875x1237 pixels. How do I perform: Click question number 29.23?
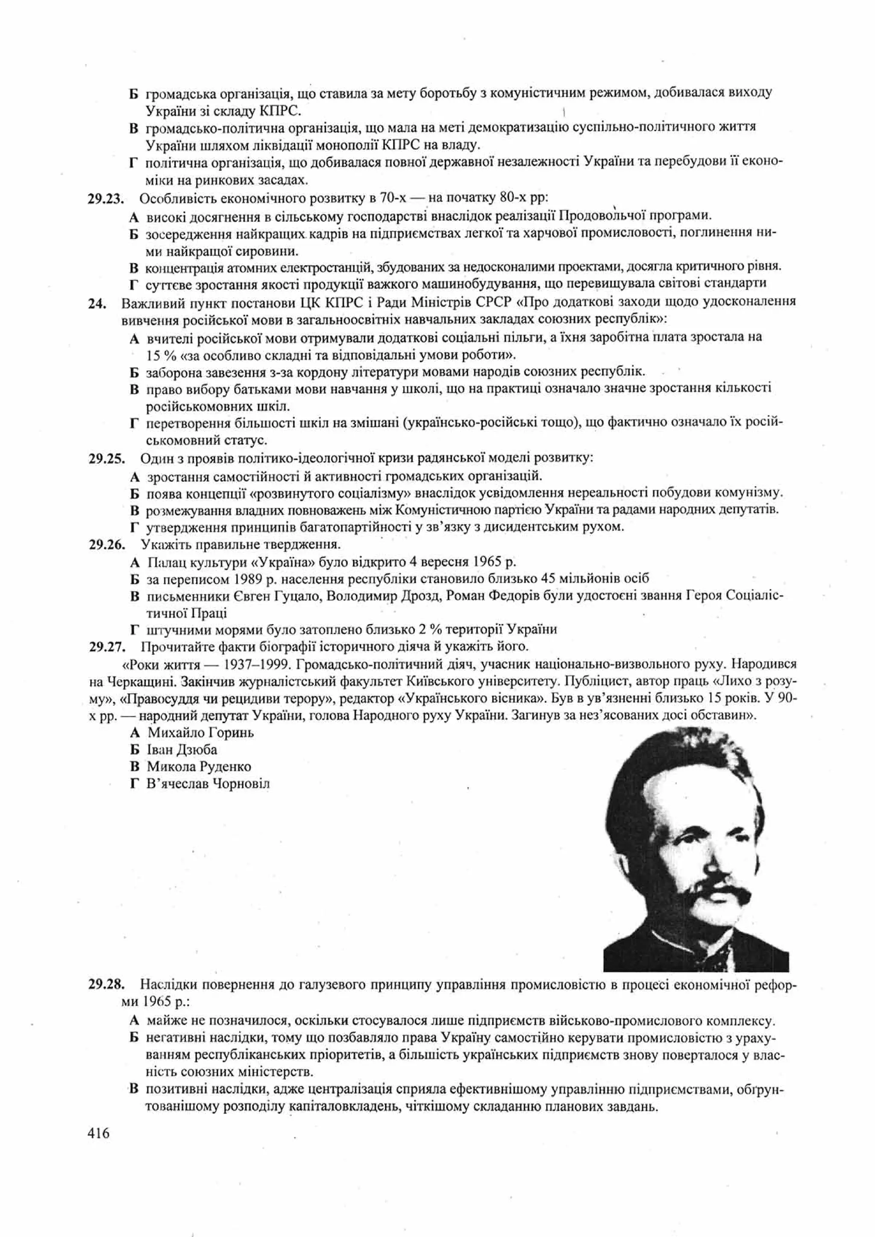click(x=106, y=199)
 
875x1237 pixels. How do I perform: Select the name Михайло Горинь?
click(x=200, y=733)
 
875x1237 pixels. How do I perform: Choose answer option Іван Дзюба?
click(x=182, y=750)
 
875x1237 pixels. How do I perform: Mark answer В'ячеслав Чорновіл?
click(x=208, y=783)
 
